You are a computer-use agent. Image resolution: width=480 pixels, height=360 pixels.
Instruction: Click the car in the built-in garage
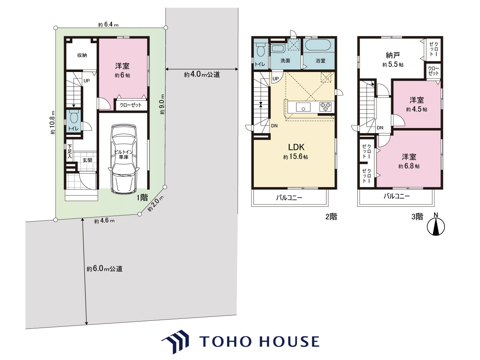point(124,159)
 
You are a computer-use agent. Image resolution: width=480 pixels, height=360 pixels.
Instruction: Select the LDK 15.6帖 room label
point(296,152)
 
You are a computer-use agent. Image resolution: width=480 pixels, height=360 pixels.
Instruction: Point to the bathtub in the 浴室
point(319,45)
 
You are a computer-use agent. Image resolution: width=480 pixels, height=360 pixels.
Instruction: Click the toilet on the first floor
point(74,116)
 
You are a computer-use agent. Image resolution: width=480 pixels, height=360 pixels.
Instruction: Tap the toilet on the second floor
point(260,50)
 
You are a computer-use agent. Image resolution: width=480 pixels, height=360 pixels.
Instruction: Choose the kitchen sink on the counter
point(303,107)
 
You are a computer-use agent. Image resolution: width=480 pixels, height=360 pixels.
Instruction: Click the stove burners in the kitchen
point(325,107)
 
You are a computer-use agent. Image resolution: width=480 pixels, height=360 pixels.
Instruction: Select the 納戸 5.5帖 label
point(393,59)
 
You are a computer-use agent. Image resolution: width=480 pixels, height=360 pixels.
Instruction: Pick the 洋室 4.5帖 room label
point(416,104)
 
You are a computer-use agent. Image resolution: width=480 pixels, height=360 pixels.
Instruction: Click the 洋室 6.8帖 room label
point(409,161)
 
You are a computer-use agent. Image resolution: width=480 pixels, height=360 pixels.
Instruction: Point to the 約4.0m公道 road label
point(202,74)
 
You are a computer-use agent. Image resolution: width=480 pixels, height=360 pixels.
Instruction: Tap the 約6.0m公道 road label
point(104,269)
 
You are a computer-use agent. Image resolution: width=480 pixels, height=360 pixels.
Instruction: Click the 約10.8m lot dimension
point(53,122)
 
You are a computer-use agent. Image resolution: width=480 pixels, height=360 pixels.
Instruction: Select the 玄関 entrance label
point(87,160)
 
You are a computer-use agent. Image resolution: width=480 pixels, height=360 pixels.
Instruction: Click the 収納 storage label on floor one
point(82,55)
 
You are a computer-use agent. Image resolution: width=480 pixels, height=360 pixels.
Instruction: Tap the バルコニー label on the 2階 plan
point(289,198)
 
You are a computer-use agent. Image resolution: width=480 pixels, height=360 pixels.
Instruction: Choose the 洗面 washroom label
point(285,60)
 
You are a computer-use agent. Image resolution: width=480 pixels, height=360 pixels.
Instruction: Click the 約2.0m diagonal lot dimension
point(156,204)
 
